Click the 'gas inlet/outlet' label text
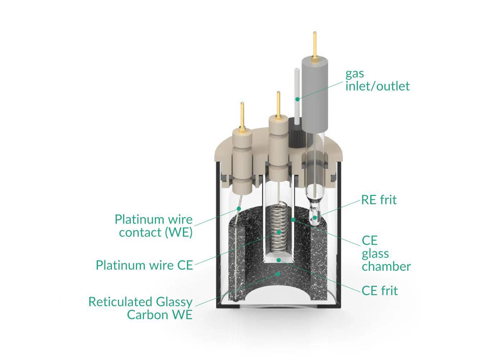coord(377,80)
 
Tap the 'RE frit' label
coord(379,200)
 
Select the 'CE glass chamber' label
coord(386,253)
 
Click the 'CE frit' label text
coord(380,291)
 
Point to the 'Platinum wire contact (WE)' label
coord(154,226)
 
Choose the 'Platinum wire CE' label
coord(144,265)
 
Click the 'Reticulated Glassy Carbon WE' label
coord(141,308)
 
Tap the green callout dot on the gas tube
coord(297,99)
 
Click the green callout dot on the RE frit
coord(315,217)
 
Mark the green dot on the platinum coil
coord(278,233)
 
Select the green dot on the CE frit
coord(277,259)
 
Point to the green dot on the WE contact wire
coord(238,209)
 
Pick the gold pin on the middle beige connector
coord(278,104)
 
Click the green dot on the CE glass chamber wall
coord(293,219)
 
